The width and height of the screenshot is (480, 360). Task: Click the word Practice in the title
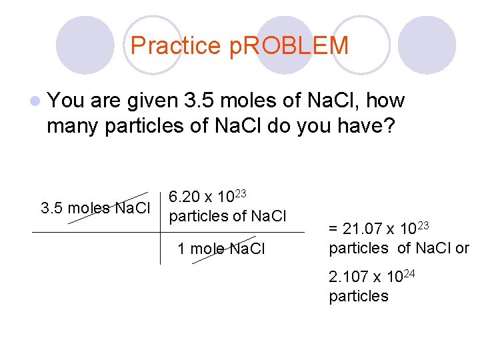pos(175,46)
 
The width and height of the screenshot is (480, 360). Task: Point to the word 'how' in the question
pos(386,101)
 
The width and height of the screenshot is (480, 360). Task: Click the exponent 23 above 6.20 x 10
pos(241,193)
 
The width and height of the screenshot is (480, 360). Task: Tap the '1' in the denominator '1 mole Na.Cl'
pos(181,249)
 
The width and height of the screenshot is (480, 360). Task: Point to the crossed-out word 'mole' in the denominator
pos(207,249)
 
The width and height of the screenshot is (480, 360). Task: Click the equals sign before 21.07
pos(333,230)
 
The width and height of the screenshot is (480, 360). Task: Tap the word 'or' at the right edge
pos(461,249)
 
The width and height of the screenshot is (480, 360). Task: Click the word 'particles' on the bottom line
pos(359,296)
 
